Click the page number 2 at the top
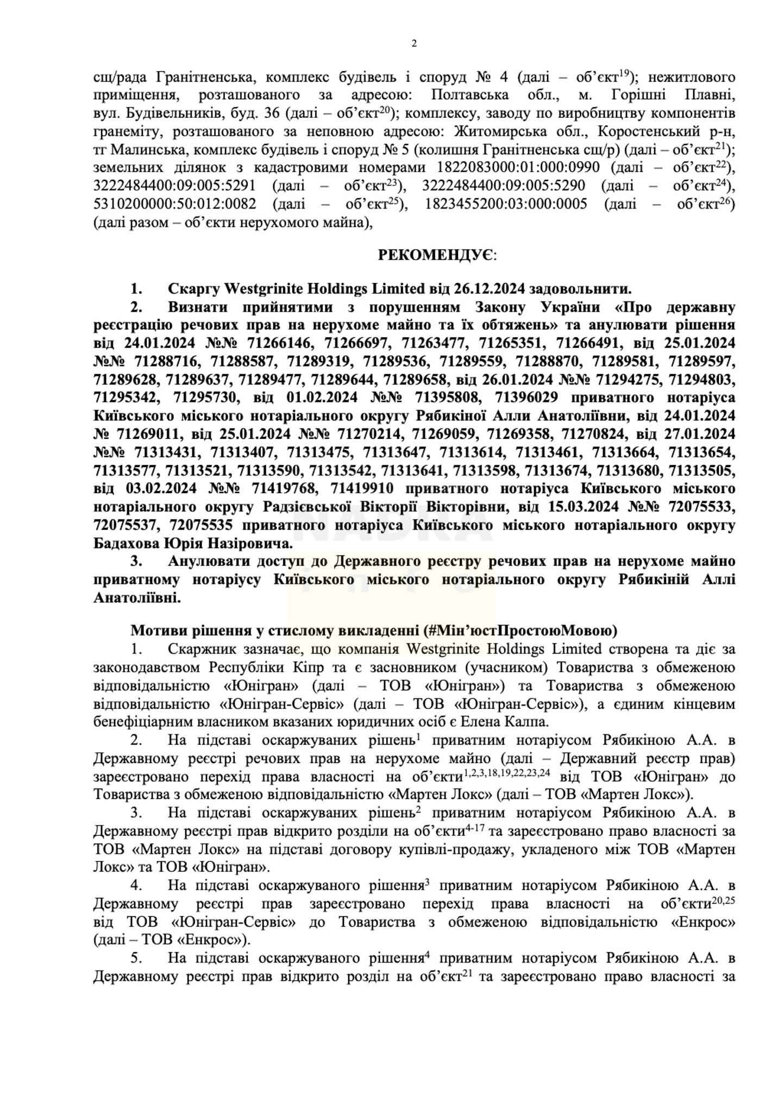pos(414,44)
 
